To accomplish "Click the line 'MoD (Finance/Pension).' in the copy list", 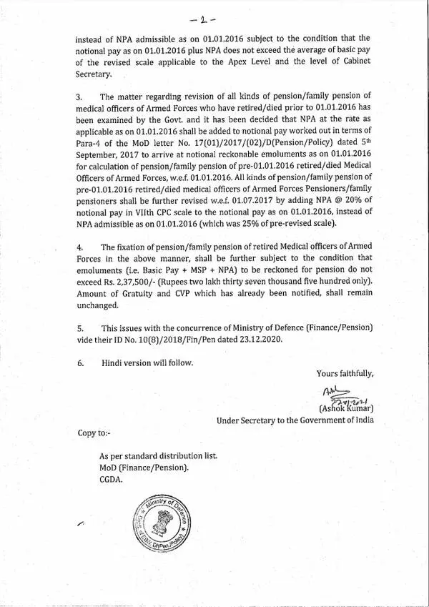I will (144, 468).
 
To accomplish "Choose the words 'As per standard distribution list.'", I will (159, 456).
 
